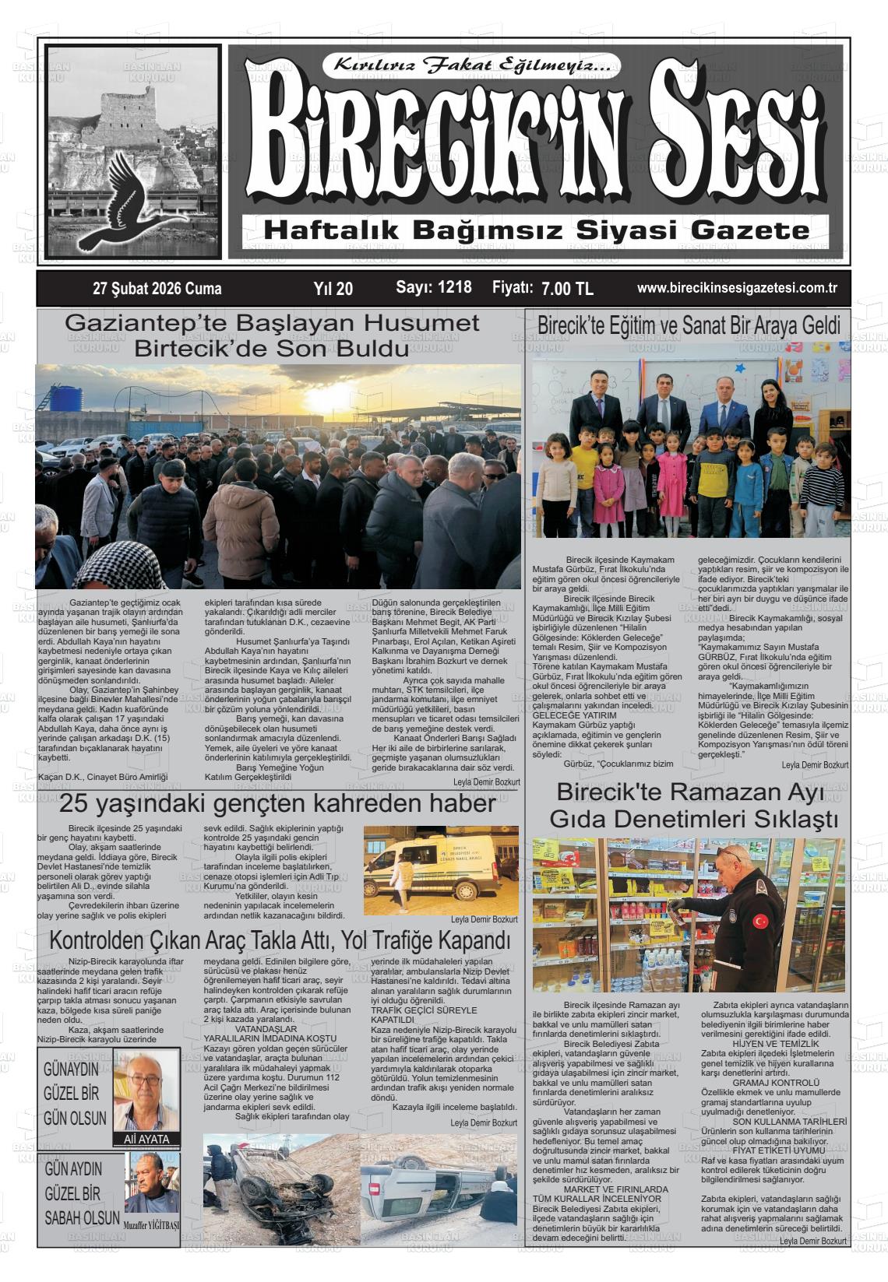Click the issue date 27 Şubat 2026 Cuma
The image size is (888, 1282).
tap(157, 289)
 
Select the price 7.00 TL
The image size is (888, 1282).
tap(567, 289)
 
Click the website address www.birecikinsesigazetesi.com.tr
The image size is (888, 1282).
tap(737, 287)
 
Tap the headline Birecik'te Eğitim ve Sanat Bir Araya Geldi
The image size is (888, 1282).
tap(689, 325)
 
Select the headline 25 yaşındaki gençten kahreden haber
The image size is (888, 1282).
tap(277, 803)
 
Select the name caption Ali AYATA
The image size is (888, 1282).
tap(146, 1139)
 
